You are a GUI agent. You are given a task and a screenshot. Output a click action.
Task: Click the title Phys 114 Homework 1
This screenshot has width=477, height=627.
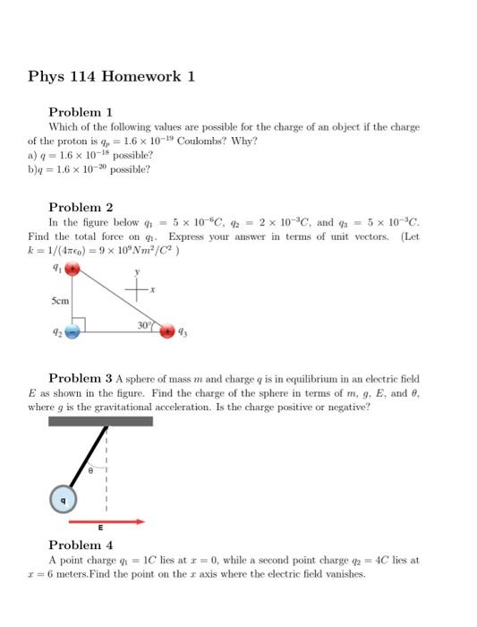pyautogui.click(x=112, y=76)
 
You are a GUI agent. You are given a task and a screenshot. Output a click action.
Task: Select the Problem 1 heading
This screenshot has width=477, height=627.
pyautogui.click(x=80, y=113)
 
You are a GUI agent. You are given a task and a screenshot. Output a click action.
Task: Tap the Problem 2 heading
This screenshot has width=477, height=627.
pyautogui.click(x=80, y=206)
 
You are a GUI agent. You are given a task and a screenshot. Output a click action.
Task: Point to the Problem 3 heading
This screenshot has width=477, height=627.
pyautogui.click(x=80, y=379)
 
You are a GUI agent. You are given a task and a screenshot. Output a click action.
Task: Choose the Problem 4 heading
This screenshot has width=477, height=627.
pyautogui.click(x=80, y=545)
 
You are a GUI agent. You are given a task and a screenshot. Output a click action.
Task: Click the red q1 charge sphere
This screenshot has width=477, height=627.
pyautogui.click(x=76, y=269)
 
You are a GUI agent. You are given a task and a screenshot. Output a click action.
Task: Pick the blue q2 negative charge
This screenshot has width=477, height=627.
pyautogui.click(x=73, y=331)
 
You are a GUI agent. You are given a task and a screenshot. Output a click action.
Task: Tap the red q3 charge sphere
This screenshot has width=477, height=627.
pyautogui.click(x=167, y=332)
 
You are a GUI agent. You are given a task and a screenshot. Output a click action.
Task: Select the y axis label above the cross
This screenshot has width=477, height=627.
pyautogui.click(x=138, y=270)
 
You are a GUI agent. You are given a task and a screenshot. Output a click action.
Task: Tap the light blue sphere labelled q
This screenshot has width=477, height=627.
pyautogui.click(x=63, y=499)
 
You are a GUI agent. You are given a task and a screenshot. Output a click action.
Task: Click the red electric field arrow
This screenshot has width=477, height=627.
pyautogui.click(x=106, y=520)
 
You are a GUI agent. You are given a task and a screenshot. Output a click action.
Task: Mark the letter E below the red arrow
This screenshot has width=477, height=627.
pyautogui.click(x=100, y=530)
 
